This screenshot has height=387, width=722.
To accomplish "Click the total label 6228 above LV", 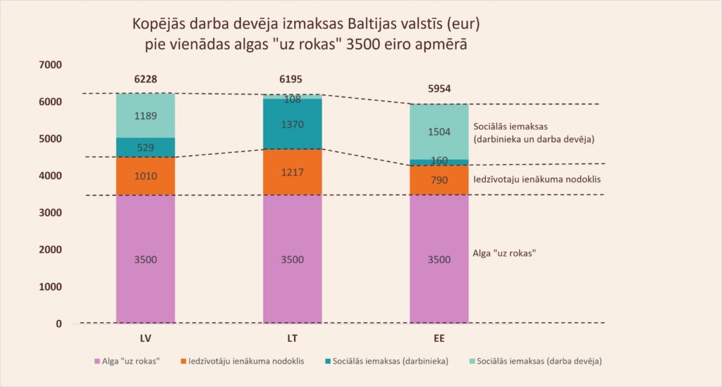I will pos(145,80).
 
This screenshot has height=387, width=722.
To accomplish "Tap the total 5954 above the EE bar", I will pos(439,89).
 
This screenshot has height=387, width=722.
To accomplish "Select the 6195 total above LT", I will pos(292,80).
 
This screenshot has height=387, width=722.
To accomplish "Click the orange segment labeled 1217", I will pos(292,171).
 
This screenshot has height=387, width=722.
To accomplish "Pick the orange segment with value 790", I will pos(439,180).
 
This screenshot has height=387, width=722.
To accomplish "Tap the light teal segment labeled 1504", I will pos(439,131).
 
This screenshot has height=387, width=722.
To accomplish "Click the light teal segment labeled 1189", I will pos(145,116).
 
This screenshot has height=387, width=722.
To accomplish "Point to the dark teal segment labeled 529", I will pos(145,147).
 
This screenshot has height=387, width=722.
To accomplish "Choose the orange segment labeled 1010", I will pos(145,176).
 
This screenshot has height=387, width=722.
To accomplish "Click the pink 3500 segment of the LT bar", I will pos(292,259).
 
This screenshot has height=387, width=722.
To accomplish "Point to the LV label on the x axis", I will pos(145,339).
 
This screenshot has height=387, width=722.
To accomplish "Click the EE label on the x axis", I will pos(439,339).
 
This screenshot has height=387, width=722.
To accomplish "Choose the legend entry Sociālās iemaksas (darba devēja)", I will pos(539,362).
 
